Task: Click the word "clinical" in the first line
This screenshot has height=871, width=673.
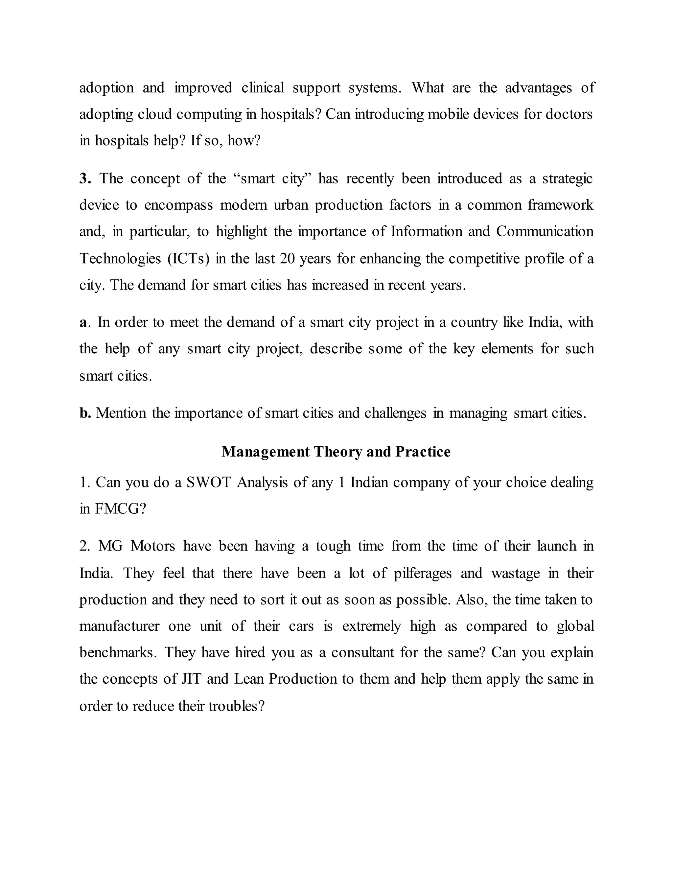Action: point(263,88)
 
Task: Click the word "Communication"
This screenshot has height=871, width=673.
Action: point(545,231)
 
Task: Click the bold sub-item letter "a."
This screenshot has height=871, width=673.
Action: point(84,322)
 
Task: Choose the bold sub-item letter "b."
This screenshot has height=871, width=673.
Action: point(85,413)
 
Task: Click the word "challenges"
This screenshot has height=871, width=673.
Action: point(395,413)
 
